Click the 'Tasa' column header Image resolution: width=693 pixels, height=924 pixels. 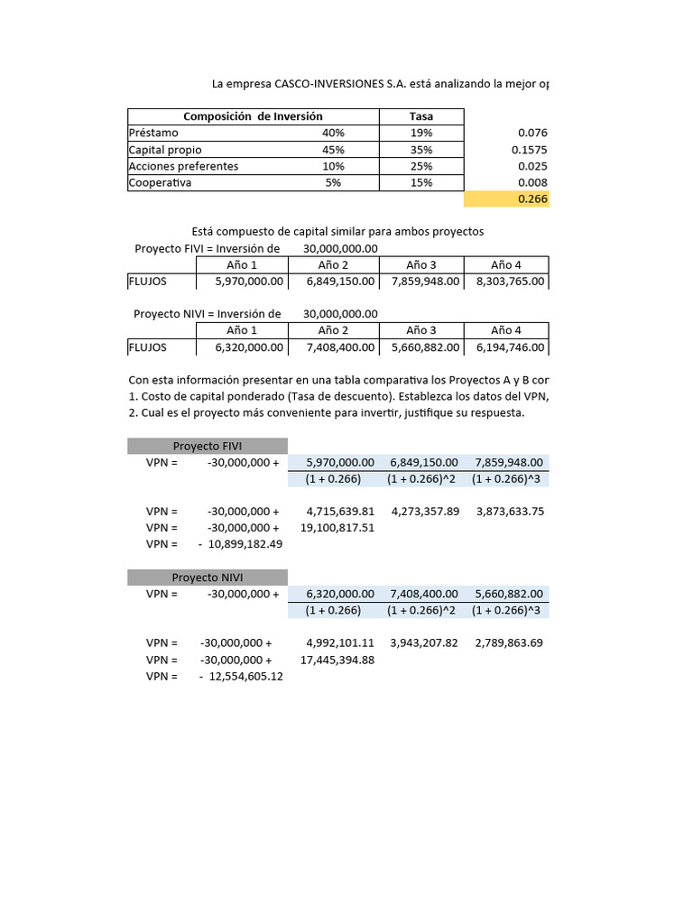(x=420, y=116)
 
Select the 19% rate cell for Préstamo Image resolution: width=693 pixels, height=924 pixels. (x=420, y=133)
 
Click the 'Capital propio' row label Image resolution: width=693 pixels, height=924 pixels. (x=165, y=150)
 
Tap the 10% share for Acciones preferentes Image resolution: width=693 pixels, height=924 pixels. (x=333, y=166)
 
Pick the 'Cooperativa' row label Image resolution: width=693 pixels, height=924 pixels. (x=161, y=182)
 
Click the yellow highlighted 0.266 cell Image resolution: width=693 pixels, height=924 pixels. (x=507, y=199)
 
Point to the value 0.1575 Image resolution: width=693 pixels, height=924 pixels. (x=528, y=150)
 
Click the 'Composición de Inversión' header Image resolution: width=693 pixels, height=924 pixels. (x=253, y=116)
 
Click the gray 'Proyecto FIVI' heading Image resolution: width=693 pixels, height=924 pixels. (x=208, y=446)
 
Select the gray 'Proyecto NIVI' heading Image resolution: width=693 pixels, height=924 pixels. (x=208, y=577)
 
